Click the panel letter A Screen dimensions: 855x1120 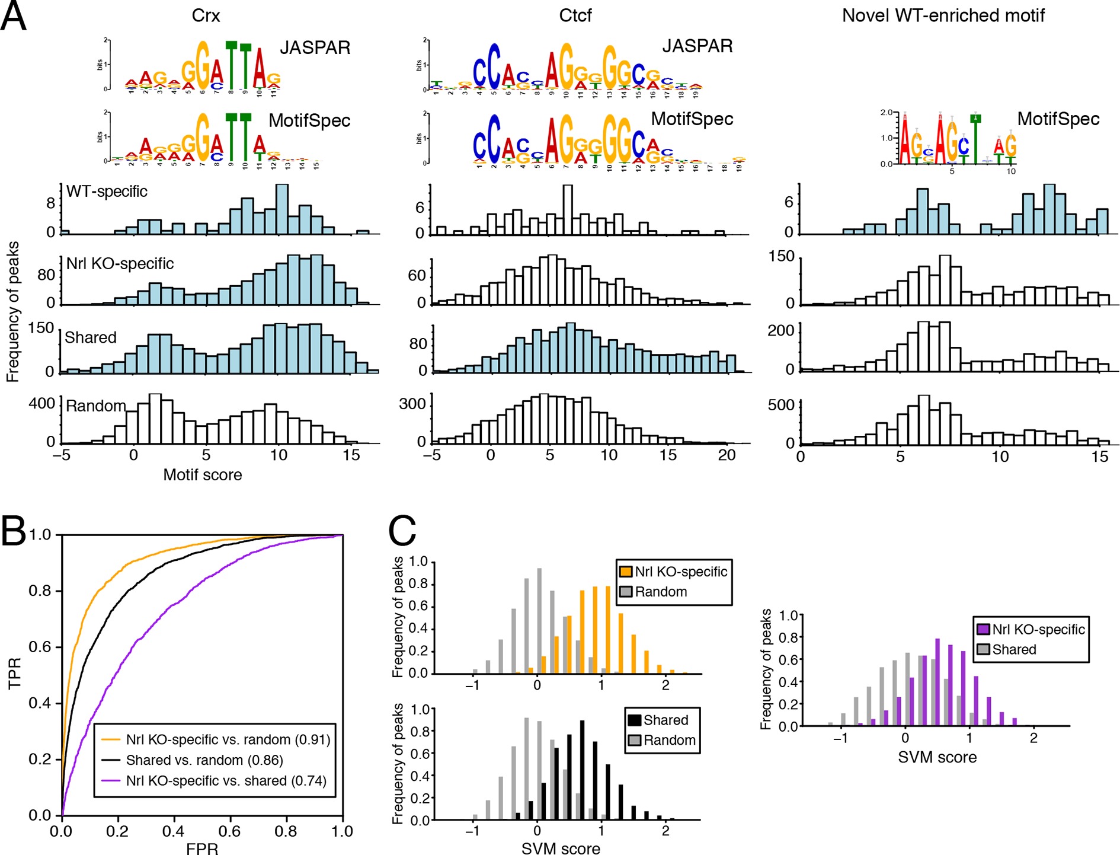tap(13, 16)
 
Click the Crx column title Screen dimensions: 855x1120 tap(206, 15)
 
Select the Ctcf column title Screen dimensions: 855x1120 tap(575, 15)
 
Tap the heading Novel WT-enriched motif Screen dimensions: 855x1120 tap(943, 15)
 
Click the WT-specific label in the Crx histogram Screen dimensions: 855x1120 tap(107, 192)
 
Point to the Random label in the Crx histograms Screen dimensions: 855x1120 tap(95, 406)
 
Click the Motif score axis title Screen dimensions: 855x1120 tap(202, 475)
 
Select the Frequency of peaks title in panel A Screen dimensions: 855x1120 tap(12, 311)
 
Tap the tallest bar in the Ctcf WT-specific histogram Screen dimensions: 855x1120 tap(568, 210)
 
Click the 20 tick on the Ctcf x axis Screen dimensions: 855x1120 tap(727, 455)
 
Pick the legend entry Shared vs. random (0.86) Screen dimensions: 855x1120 tap(204, 760)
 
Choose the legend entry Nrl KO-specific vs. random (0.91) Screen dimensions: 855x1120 tap(228, 739)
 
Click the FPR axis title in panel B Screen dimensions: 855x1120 tap(202, 848)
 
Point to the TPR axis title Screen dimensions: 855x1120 tap(14, 674)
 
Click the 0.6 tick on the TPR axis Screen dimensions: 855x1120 tap(40, 647)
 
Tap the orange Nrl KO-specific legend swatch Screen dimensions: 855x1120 tap(625, 572)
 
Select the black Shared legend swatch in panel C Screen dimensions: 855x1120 tap(635, 720)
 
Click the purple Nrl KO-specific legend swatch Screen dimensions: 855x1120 tap(983, 630)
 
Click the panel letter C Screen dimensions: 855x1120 tap(402, 531)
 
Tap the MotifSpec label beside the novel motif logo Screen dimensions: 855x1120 tap(1058, 119)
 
